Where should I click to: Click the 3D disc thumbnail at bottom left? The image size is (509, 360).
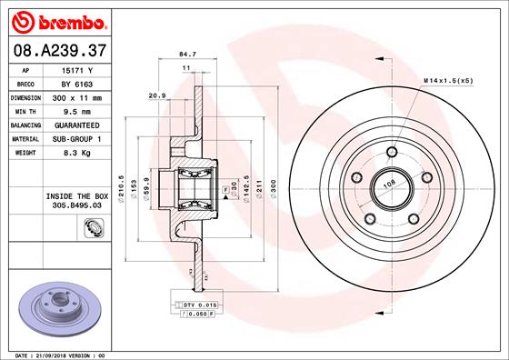click(60, 305)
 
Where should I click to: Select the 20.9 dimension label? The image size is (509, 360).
click(155, 95)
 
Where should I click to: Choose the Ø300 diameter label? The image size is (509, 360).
click(272, 185)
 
